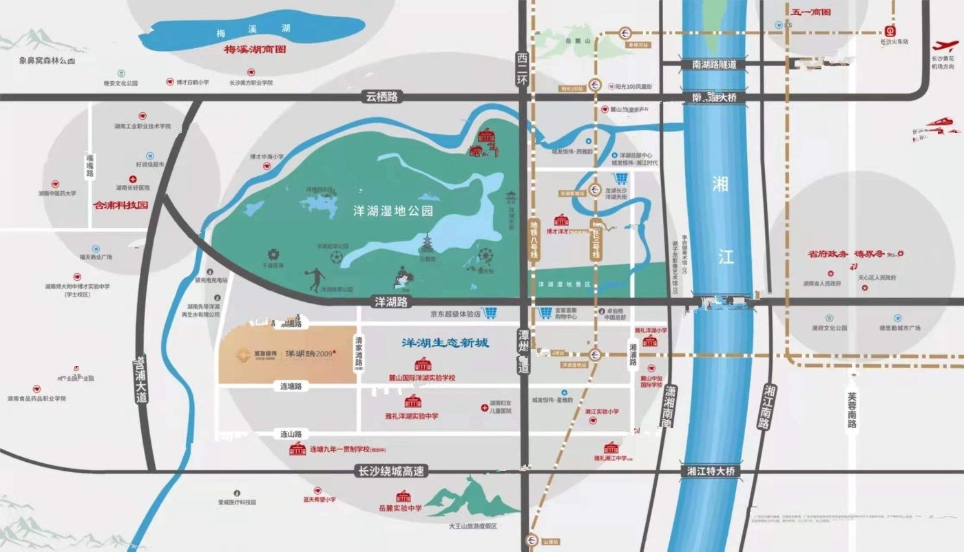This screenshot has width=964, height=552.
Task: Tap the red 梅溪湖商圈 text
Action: tap(255, 50)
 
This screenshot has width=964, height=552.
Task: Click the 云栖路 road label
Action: tap(382, 98)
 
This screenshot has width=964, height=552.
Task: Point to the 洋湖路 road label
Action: tap(391, 302)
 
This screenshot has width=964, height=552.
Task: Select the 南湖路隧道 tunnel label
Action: tap(711, 64)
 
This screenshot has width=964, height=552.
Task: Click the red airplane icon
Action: tap(945, 46)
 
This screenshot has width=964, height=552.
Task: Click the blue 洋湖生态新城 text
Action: tap(446, 342)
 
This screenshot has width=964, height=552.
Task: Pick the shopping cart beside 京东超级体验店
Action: tap(490, 313)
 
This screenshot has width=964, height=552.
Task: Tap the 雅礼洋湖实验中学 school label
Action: tap(412, 416)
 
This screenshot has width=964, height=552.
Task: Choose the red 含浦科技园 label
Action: tap(120, 205)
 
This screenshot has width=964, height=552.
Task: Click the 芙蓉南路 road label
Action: tap(852, 411)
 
